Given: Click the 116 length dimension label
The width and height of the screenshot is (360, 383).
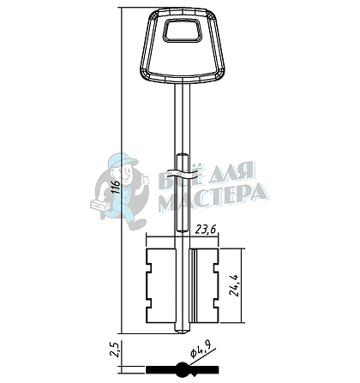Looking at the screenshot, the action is pos(116,188).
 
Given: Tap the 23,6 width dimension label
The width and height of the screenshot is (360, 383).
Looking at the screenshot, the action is pos(206,230).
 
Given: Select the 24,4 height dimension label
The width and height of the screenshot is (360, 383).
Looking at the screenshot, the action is pos(236,285).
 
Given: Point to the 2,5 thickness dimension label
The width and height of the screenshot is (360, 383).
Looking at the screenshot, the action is pos(115,350).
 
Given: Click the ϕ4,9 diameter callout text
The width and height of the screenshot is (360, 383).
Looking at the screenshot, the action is pos(201,350).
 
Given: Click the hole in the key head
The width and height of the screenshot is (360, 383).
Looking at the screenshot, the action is pos(183,30).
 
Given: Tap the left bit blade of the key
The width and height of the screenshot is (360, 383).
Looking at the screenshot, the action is pos(161,285).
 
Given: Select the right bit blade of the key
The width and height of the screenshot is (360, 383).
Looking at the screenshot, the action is pos(204,285).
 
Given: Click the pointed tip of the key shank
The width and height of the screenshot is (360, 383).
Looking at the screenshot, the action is pos(183,332).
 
